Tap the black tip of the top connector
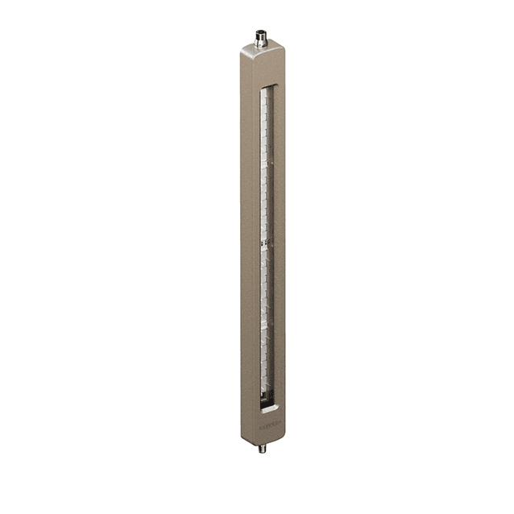tap(261, 32)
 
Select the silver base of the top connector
tap(261, 45)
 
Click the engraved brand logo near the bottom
tap(270, 421)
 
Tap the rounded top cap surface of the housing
tap(263, 53)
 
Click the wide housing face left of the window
tap(250, 242)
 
